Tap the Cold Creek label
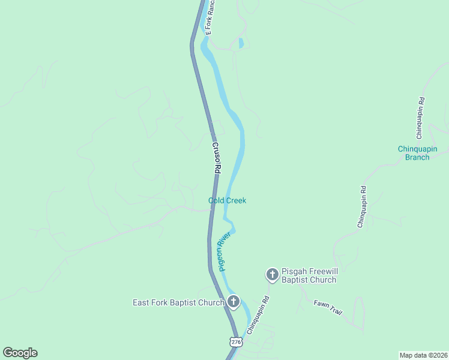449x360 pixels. click(227, 200)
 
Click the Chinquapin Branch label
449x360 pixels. click(417, 153)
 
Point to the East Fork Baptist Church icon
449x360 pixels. click(233, 302)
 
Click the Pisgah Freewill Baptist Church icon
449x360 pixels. click(272, 275)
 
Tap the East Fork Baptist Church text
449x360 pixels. click(178, 302)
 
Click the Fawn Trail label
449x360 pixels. click(328, 308)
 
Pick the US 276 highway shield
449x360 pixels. click(236, 341)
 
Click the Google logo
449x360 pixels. click(20, 353)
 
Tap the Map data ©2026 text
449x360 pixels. click(423, 355)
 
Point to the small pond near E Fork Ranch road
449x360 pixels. click(241, 43)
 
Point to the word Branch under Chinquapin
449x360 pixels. click(417, 157)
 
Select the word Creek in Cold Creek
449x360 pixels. click(235, 200)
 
